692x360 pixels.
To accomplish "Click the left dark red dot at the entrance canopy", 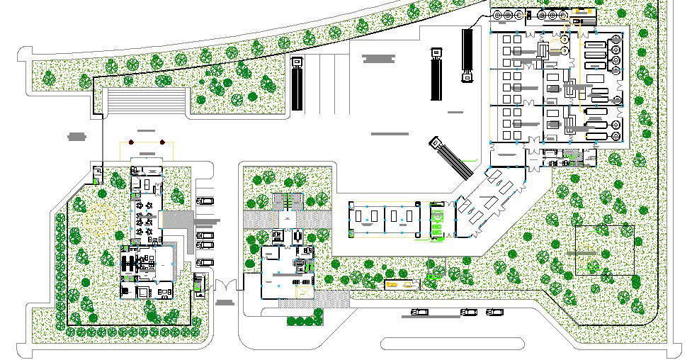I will click(x=132, y=142).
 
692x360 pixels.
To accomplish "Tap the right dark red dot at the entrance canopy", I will click(x=162, y=142).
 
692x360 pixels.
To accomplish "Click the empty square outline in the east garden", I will click(x=604, y=250).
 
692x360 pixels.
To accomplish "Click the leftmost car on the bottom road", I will click(x=419, y=311).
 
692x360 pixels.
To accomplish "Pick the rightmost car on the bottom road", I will click(x=494, y=311).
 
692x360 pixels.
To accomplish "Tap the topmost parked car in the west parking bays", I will click(x=205, y=201).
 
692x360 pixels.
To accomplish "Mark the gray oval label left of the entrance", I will click(x=76, y=136).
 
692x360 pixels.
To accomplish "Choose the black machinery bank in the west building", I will click(x=129, y=263).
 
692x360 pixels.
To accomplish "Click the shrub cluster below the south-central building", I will click(x=305, y=320).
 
